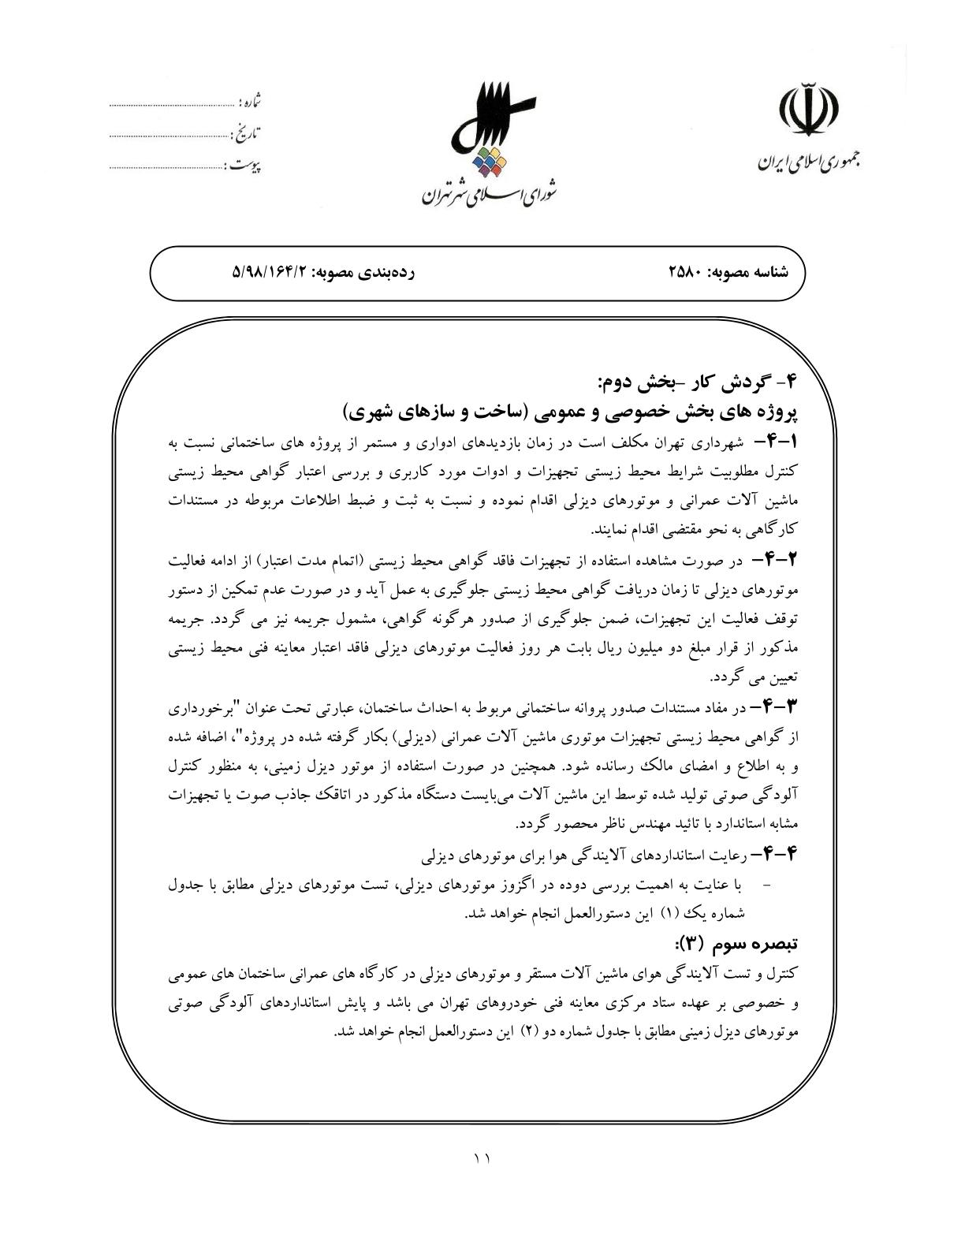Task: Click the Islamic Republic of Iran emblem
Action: tap(809, 111)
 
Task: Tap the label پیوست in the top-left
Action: tap(244, 166)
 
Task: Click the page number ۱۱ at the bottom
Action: tap(482, 1158)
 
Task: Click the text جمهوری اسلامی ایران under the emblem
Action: tap(809, 162)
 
